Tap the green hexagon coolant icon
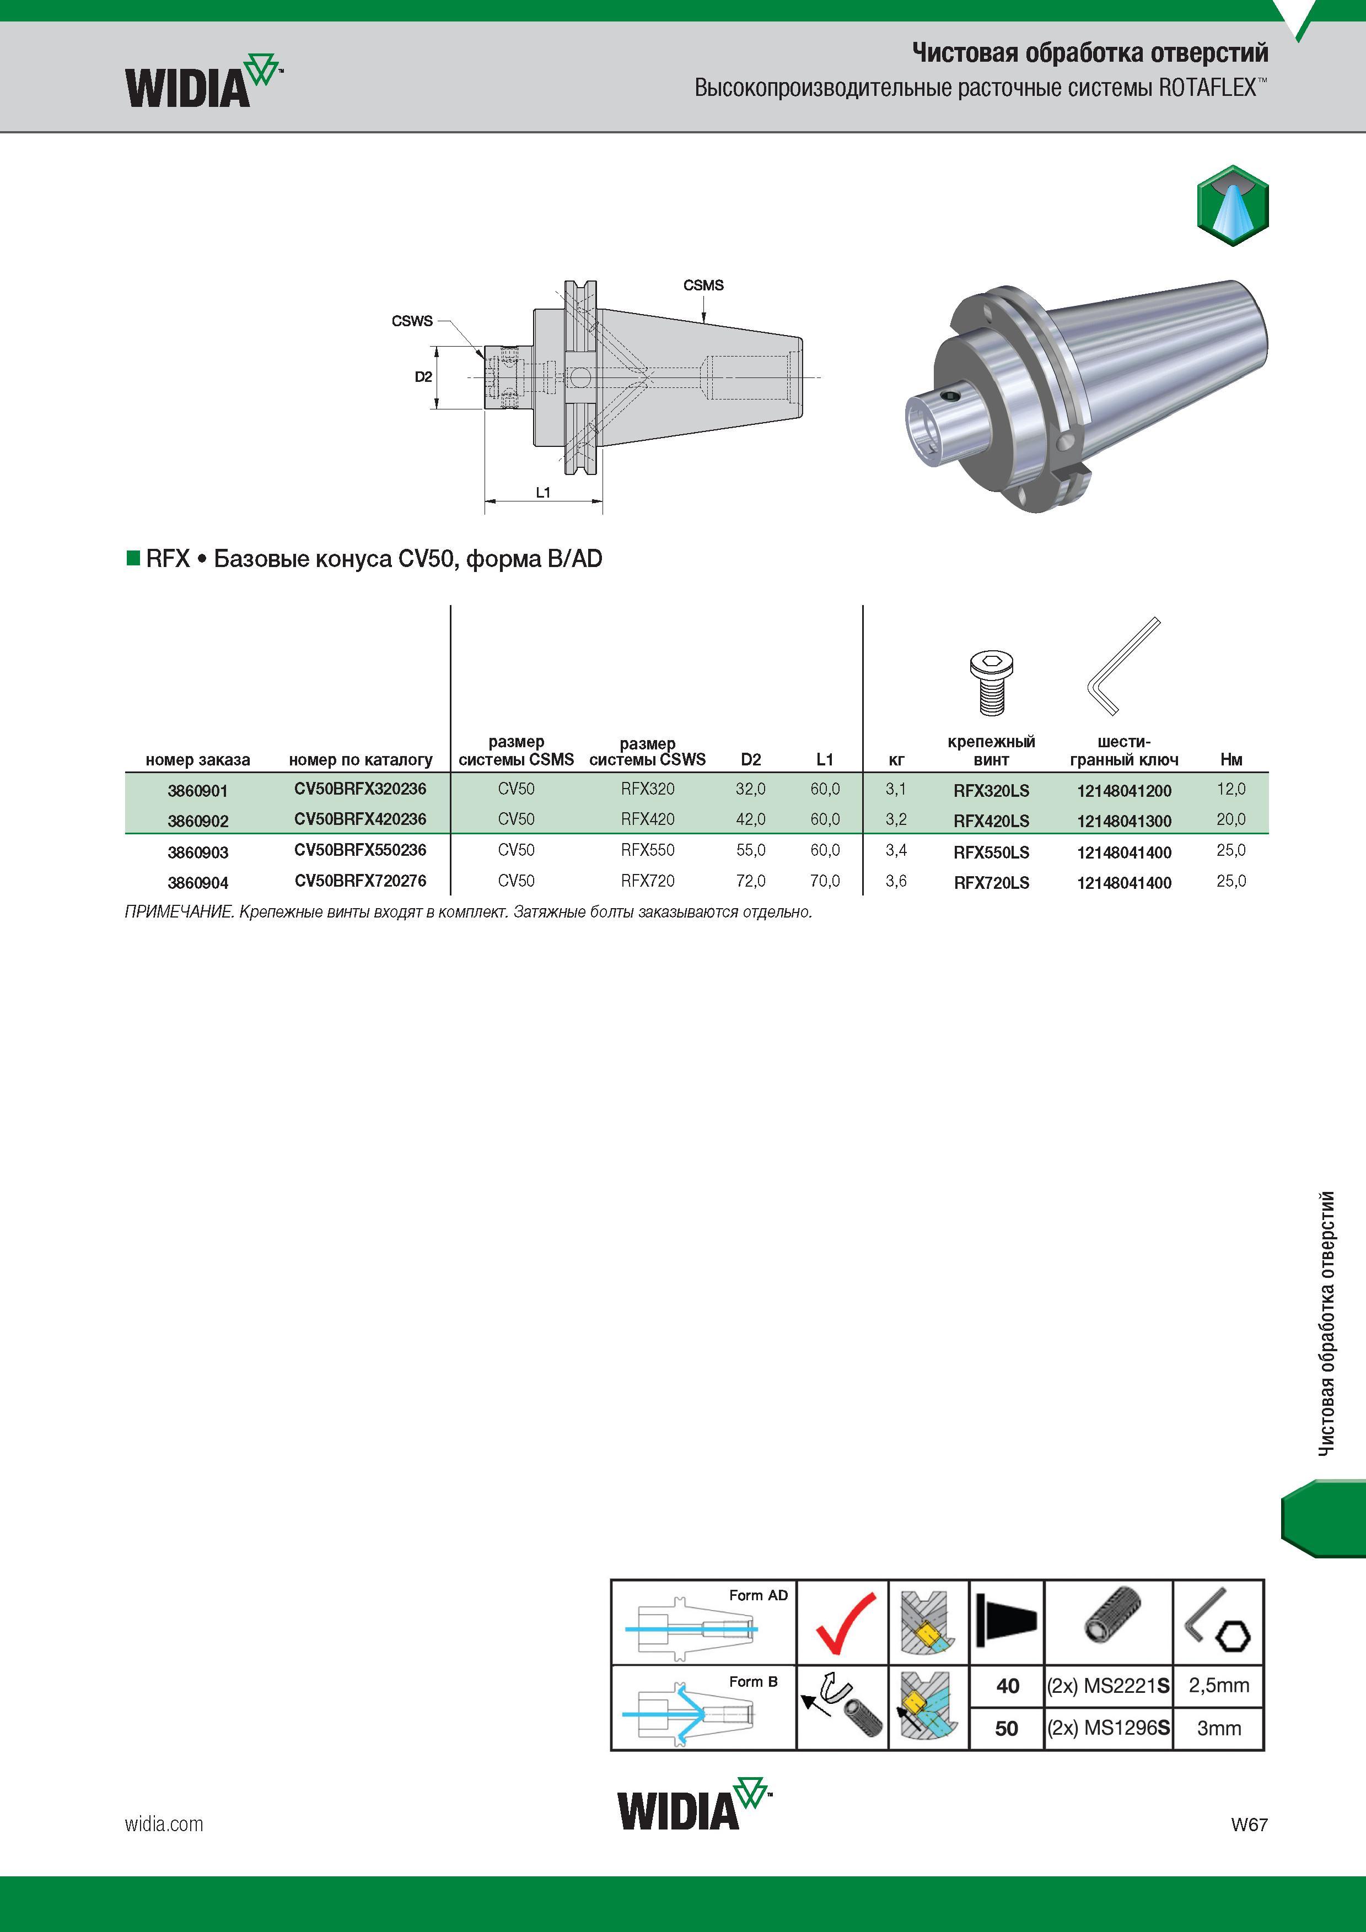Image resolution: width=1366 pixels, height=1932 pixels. coord(1232,206)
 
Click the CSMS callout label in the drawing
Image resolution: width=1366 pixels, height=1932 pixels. coord(703,285)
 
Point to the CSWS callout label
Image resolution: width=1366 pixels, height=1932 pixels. coord(412,321)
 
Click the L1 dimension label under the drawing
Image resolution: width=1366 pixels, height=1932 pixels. coord(543,492)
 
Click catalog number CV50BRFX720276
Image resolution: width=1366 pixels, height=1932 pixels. coord(360,881)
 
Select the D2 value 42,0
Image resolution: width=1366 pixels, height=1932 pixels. coord(751,819)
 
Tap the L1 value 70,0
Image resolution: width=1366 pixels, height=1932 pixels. coord(825,881)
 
